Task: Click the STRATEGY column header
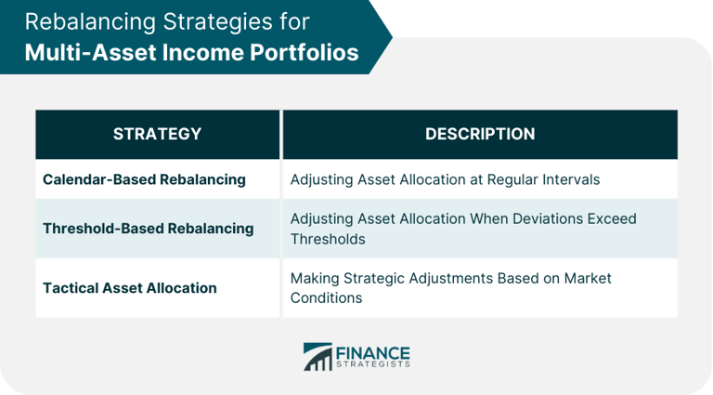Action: (x=157, y=134)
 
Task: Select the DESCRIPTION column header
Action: (x=480, y=134)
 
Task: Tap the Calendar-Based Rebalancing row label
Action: (x=144, y=179)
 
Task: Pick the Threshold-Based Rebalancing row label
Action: (x=148, y=229)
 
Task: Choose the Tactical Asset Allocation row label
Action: (x=130, y=288)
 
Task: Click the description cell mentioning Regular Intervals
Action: (x=445, y=179)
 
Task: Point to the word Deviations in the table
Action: (x=525, y=219)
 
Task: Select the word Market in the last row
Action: (x=586, y=278)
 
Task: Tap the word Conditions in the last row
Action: (x=326, y=298)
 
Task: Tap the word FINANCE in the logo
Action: (x=372, y=352)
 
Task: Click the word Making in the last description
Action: (x=315, y=278)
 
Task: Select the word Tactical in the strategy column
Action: (x=74, y=288)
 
